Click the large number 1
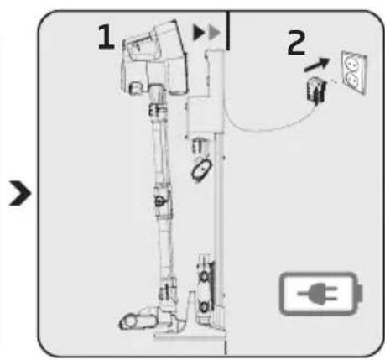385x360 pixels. (x=107, y=37)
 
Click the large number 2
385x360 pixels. (x=296, y=42)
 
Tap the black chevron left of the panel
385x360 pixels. (x=19, y=193)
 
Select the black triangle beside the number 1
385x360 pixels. (x=199, y=33)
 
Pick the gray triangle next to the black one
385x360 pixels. (x=215, y=33)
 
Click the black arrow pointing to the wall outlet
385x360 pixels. (x=317, y=65)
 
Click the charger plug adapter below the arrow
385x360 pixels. (x=316, y=90)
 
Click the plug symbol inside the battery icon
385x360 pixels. (x=319, y=294)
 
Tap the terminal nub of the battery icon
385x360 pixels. (x=360, y=294)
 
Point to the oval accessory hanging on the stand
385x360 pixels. (x=201, y=170)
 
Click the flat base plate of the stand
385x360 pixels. (x=190, y=335)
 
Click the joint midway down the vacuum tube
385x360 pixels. (x=162, y=201)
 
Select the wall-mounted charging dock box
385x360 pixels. (x=205, y=115)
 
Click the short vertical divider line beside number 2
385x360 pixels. (x=228, y=30)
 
